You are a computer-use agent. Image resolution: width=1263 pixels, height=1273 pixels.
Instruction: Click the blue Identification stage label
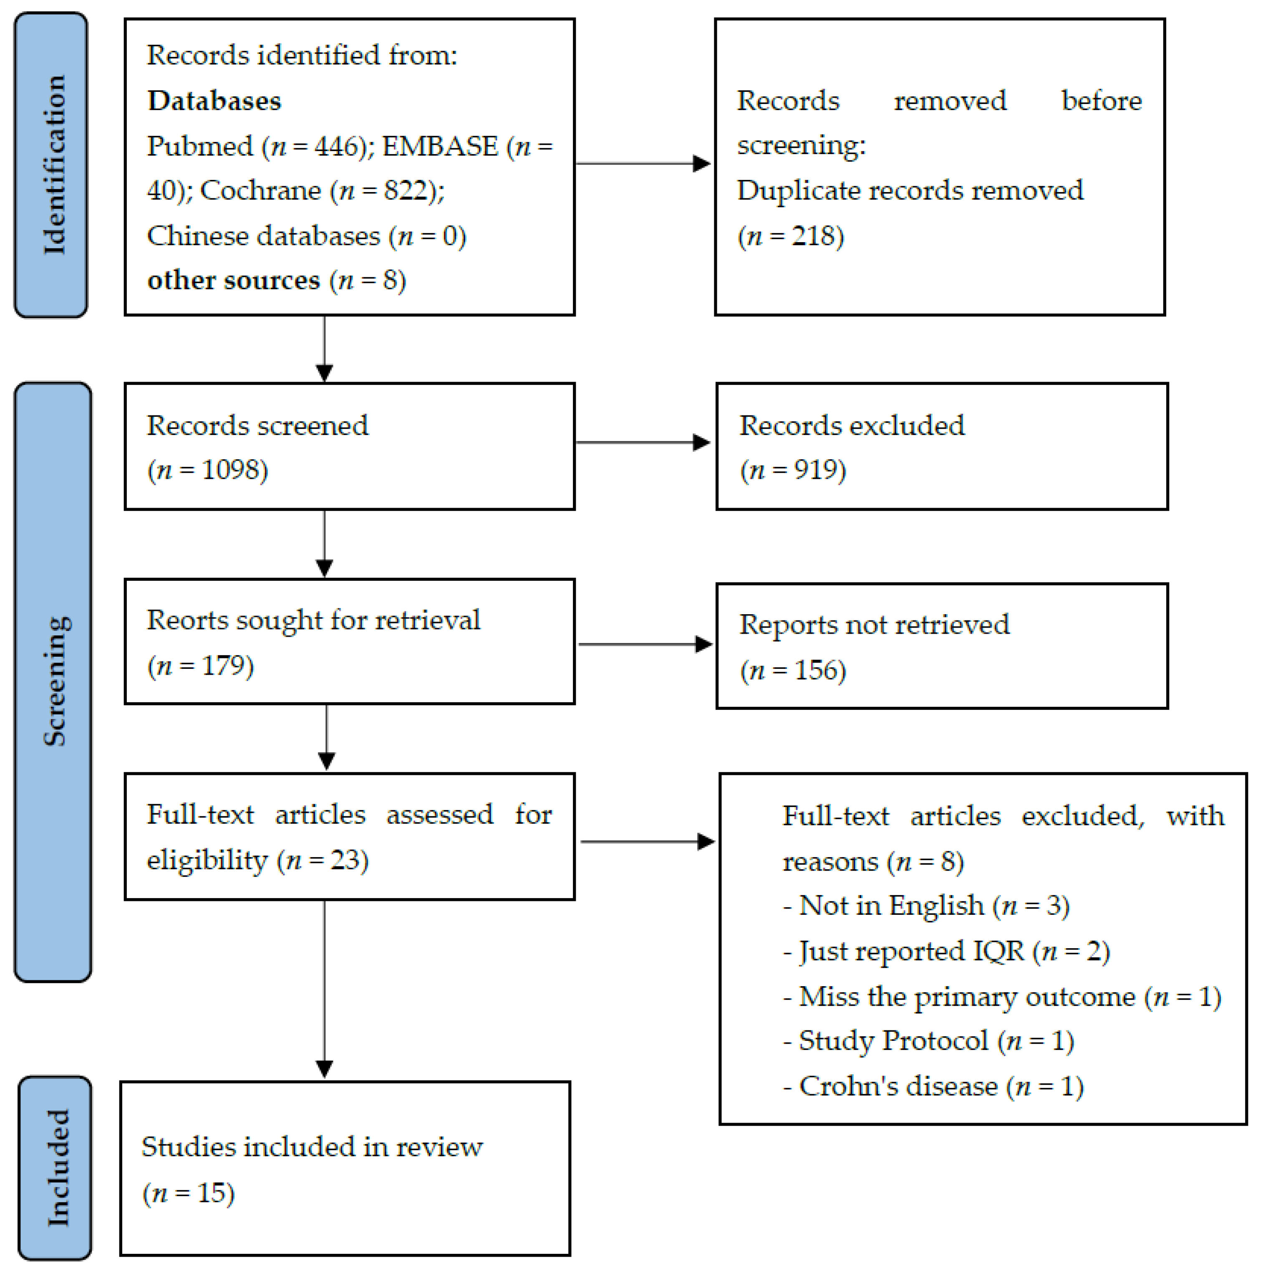click(51, 165)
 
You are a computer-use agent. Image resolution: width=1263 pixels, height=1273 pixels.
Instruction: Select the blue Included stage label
click(55, 1167)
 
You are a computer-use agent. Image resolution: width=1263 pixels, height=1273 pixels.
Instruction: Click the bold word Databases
click(214, 101)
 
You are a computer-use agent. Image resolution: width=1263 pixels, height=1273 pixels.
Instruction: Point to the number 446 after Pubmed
click(336, 146)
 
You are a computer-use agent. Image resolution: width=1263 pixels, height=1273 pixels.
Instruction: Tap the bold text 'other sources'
click(233, 280)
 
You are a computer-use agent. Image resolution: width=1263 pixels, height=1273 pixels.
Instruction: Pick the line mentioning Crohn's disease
click(933, 1086)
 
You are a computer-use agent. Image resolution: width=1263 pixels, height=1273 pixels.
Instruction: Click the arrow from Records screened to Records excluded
click(642, 442)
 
